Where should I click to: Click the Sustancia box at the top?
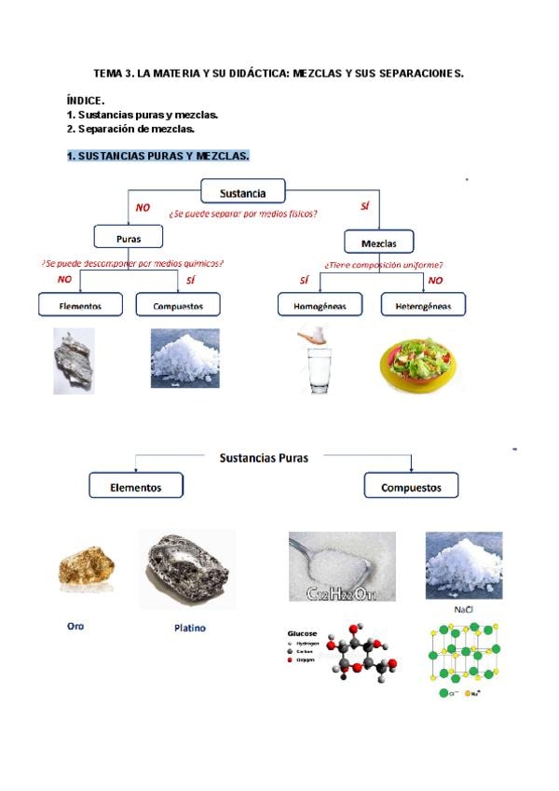point(242,194)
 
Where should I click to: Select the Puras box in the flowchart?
point(129,238)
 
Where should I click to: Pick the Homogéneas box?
point(320,305)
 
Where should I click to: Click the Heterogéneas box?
point(423,305)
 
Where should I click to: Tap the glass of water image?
point(320,360)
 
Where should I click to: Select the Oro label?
point(75,626)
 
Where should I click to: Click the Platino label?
point(190,628)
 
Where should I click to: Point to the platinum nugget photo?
point(187,568)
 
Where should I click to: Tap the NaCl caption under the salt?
point(463,609)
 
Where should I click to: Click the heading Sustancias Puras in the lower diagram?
point(264,458)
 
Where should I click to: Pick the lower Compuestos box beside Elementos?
point(411,487)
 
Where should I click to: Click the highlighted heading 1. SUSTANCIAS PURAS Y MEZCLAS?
point(158,155)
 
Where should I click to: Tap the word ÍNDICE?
point(86,99)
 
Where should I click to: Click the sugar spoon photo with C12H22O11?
point(342,566)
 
